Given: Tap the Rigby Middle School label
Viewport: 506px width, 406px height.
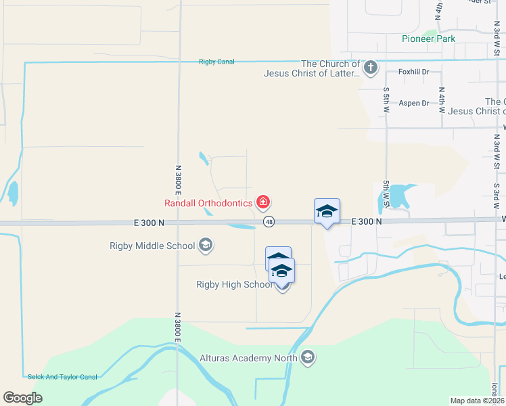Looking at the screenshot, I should tap(152, 246).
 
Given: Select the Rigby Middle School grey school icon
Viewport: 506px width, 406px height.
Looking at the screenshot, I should tap(206, 246).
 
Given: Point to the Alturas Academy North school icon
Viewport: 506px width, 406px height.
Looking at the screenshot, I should tap(308, 357).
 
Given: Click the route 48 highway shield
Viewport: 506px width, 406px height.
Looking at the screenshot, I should tap(269, 222).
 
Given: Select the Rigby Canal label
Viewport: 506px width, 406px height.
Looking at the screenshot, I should tap(216, 62).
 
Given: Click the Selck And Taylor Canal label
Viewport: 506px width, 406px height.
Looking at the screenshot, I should tap(62, 377).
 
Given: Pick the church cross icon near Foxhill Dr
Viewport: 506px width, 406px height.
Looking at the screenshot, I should tap(369, 67).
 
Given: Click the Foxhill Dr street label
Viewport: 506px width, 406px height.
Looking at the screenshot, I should tap(414, 72).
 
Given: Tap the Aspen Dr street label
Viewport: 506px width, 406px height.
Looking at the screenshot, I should tap(414, 103).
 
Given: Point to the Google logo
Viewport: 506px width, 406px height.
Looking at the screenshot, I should tap(22, 397).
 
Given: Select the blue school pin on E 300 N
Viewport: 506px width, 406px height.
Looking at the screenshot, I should tap(327, 212).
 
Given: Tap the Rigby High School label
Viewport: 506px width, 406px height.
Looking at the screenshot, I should tap(234, 284).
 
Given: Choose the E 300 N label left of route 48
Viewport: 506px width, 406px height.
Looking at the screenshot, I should tap(144, 223).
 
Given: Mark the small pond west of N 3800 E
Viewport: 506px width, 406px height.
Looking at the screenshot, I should tap(13, 194).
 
